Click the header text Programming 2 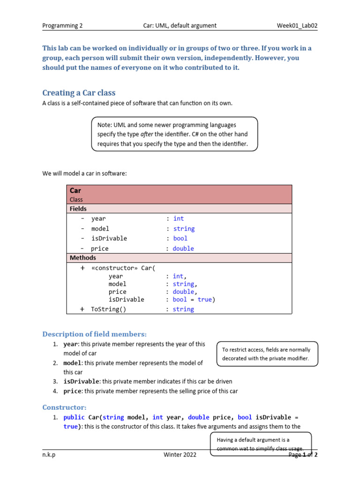[x=62, y=26]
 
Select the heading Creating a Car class [x=79, y=93]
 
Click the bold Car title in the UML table [x=75, y=190]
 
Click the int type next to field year [x=179, y=218]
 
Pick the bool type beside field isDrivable [x=180, y=238]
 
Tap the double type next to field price [x=183, y=248]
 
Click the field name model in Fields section [x=100, y=229]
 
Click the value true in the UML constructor [x=204, y=300]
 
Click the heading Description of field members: [x=95, y=334]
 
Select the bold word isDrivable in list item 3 [x=81, y=381]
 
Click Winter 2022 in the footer [x=180, y=455]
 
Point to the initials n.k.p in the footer [x=49, y=455]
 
